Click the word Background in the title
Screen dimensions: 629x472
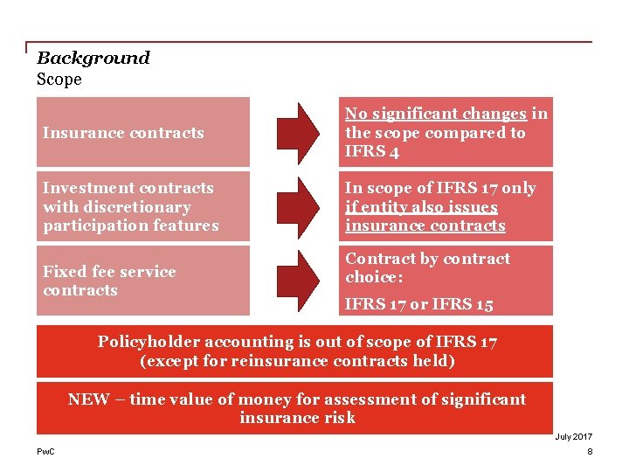pyautogui.click(x=93, y=59)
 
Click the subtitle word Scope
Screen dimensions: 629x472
pyautogui.click(x=59, y=80)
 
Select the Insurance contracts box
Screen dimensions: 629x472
pyautogui.click(x=142, y=133)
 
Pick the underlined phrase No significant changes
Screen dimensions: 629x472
pyautogui.click(x=436, y=114)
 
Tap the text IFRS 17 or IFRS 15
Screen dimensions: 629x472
pyautogui.click(x=419, y=305)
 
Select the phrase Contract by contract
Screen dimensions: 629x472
pyautogui.click(x=427, y=259)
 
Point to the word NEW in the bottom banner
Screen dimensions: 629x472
pyautogui.click(x=88, y=399)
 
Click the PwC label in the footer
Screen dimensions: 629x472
pyautogui.click(x=45, y=451)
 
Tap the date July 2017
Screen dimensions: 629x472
pyautogui.click(x=573, y=436)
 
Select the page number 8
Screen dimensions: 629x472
pyautogui.click(x=590, y=451)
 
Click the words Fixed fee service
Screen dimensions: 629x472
pyautogui.click(x=109, y=272)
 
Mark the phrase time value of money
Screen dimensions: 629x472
pyautogui.click(x=211, y=399)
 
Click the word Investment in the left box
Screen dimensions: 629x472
pyautogui.click(x=83, y=188)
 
